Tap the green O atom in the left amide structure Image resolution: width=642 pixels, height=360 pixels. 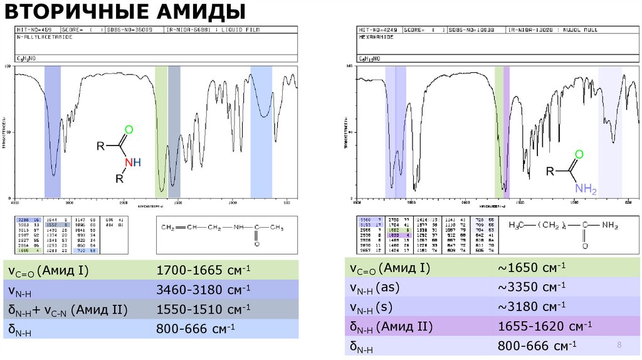pos(129,130)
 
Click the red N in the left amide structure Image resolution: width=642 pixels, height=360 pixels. pos(129,162)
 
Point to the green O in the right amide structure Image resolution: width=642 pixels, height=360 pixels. pos(579,154)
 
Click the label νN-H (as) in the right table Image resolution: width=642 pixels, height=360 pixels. pos(379,288)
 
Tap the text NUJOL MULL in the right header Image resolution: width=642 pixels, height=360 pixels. pos(582,29)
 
